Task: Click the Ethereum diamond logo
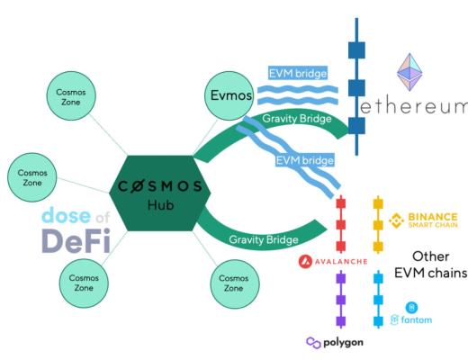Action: [x=416, y=72]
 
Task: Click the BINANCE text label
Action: [x=435, y=217]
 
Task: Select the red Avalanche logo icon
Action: [x=306, y=261]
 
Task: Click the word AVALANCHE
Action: [x=340, y=261]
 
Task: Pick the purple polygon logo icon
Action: [x=313, y=342]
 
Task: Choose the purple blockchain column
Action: [x=341, y=299]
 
